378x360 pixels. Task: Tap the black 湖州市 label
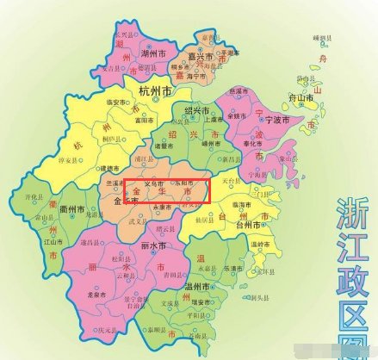coord(153,53)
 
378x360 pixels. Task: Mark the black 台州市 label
coord(254,225)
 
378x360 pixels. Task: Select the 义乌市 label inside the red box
coord(152,183)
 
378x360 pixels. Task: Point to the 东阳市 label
coord(191,183)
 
